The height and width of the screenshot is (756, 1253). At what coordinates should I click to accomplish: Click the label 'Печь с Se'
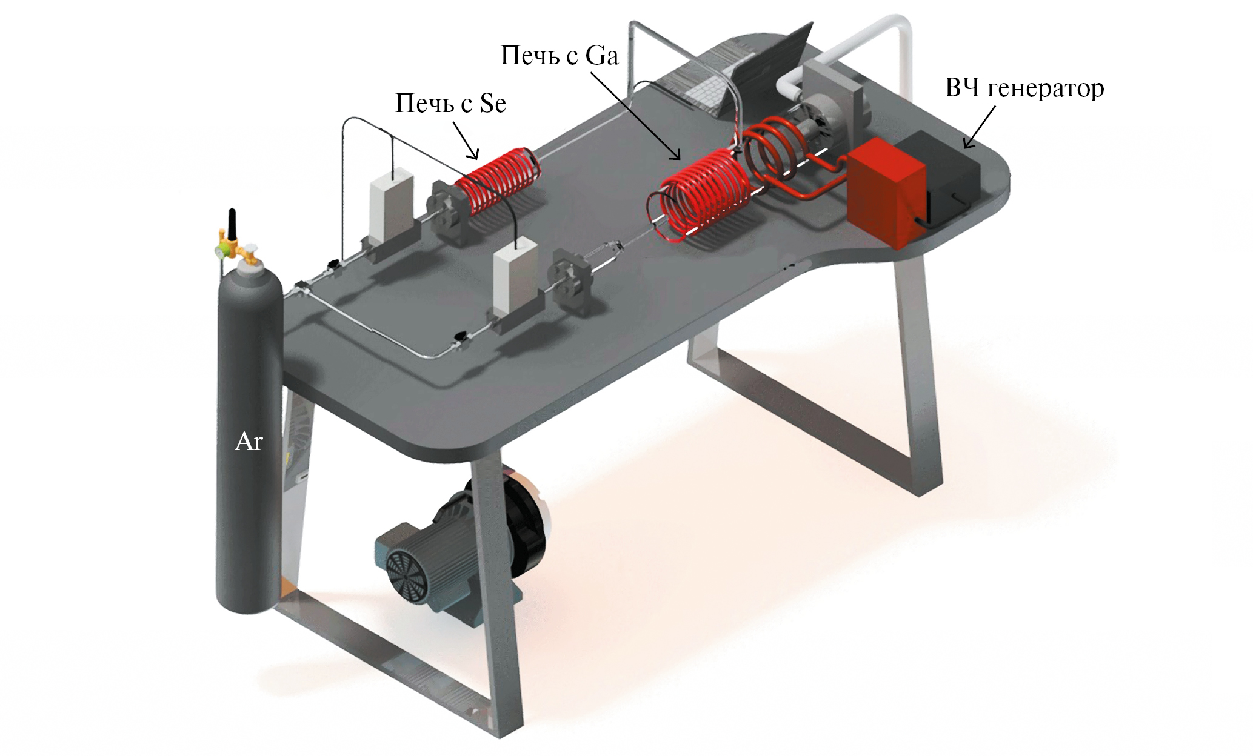[x=450, y=104]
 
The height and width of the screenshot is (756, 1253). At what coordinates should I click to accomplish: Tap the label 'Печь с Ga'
[x=559, y=56]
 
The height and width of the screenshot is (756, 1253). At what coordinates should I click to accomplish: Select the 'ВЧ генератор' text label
[x=1024, y=88]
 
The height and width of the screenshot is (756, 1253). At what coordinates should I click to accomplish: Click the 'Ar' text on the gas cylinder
[x=249, y=442]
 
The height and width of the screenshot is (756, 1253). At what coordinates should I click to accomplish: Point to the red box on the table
[x=886, y=191]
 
